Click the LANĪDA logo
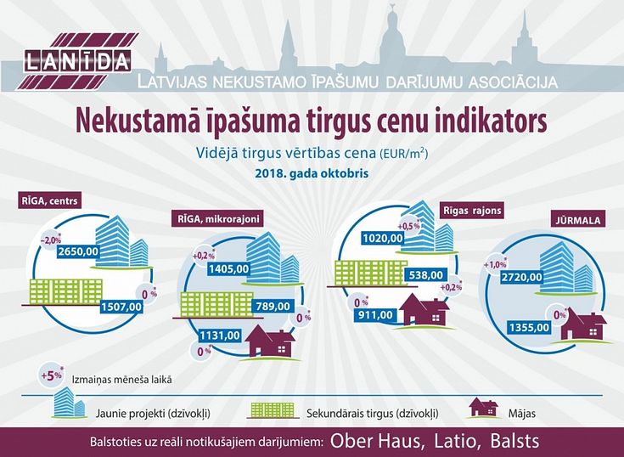[77, 62]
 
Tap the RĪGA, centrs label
[50, 200]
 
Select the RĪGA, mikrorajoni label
[217, 218]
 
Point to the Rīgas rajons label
[472, 210]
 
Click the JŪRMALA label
[578, 219]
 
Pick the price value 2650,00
[78, 251]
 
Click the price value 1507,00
[121, 307]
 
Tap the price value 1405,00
[229, 269]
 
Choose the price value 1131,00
[220, 336]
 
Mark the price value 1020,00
[383, 239]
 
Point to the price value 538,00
[426, 275]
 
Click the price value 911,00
[375, 315]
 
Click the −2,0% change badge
[51, 240]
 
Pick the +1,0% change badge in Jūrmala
[495, 264]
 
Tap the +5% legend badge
[51, 375]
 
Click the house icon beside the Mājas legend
[484, 408]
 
